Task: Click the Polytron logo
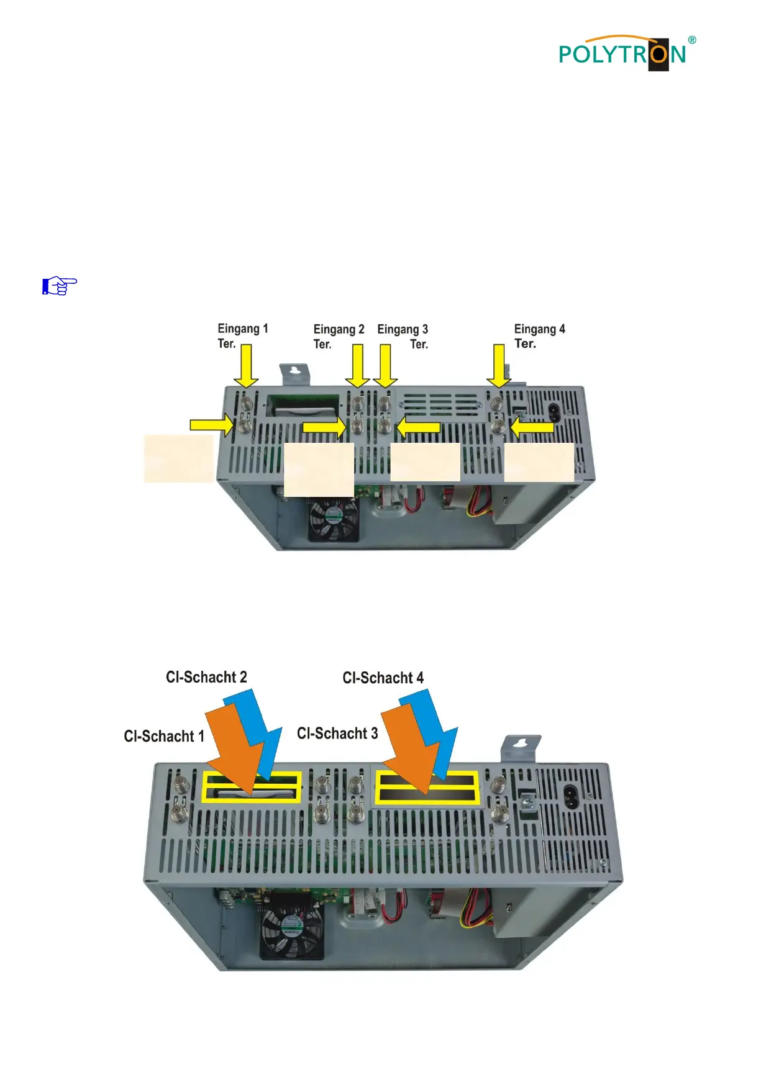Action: [624, 53]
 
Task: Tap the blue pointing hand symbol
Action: [59, 286]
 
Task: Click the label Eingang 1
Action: [243, 329]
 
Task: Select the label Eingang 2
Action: [339, 329]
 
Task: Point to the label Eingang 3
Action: [403, 329]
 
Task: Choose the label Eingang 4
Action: [539, 329]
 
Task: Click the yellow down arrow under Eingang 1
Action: [247, 366]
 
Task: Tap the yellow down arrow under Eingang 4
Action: [499, 366]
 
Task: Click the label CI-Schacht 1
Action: [164, 737]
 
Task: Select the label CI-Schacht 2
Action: [206, 678]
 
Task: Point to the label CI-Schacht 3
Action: [337, 733]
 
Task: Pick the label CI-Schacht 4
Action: [383, 678]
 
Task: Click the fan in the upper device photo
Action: [334, 519]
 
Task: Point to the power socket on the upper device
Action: [554, 412]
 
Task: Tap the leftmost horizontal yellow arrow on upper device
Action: [212, 425]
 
